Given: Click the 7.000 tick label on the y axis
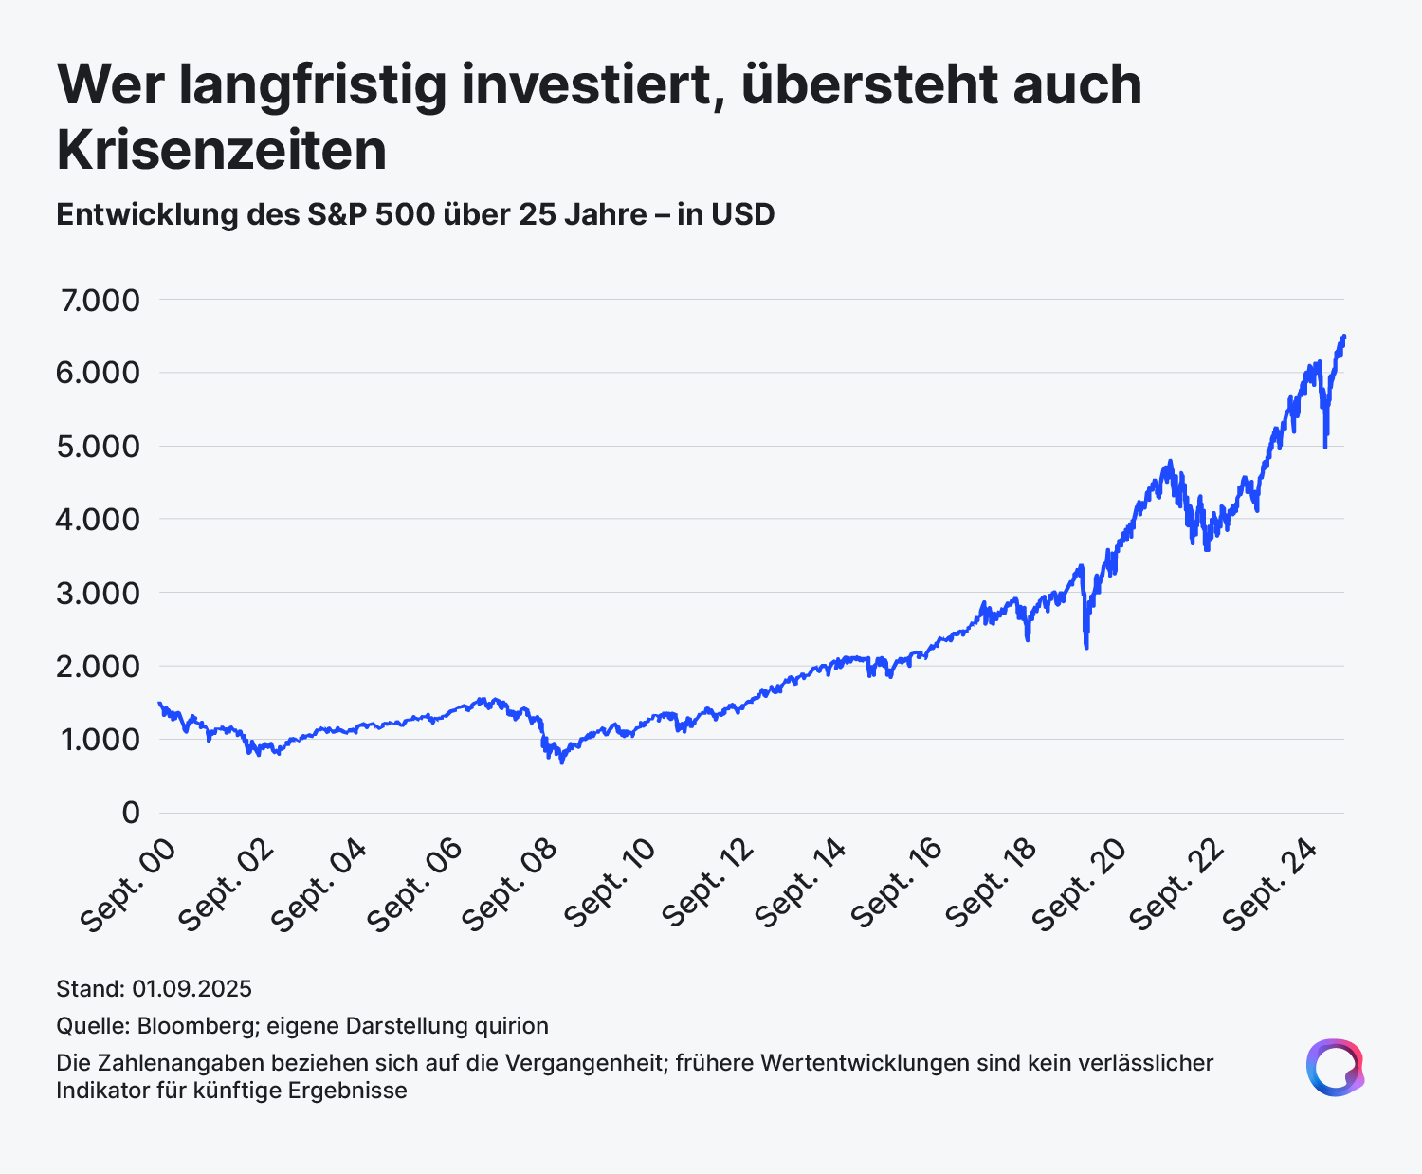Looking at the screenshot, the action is tap(100, 300).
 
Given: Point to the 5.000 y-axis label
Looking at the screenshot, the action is tap(99, 447).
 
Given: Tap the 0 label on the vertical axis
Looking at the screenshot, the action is tap(131, 812).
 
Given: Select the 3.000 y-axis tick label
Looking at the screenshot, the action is tap(99, 593).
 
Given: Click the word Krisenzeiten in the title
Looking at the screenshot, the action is tap(222, 150).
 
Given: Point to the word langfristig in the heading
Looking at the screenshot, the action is tap(313, 86).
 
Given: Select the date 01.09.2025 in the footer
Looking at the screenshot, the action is tap(192, 989).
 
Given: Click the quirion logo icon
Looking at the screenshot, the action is tap(1336, 1068).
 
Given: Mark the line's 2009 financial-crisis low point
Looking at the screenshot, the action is tap(562, 762).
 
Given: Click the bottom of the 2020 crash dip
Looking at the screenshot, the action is tap(1086, 648).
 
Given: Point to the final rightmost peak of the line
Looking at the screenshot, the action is tap(1343, 336).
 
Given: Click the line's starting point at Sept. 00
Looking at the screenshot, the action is tap(159, 704).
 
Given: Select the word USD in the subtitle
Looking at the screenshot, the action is tap(743, 214).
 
